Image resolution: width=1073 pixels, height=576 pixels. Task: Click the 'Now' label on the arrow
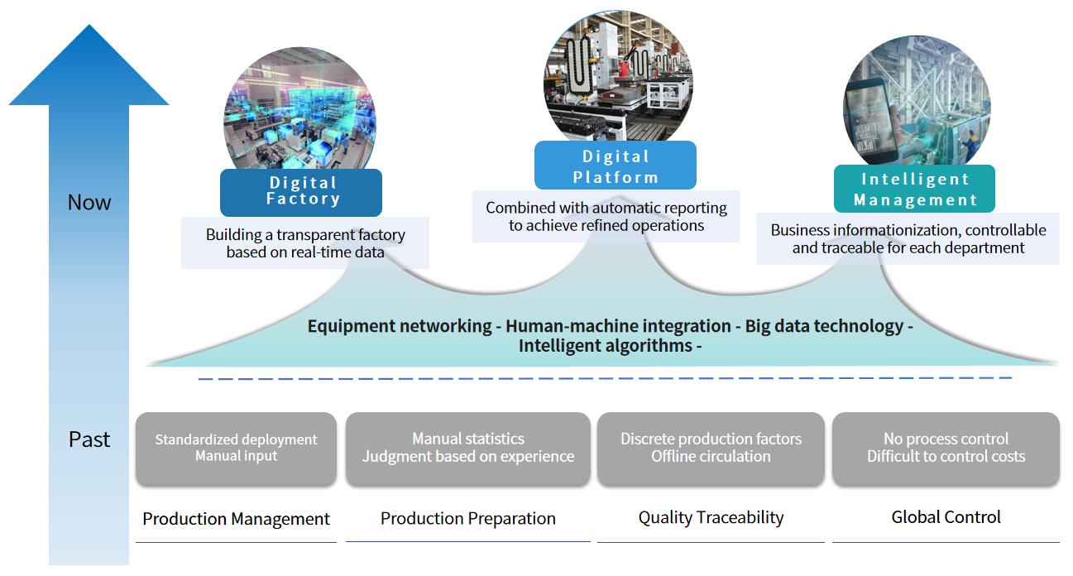tap(89, 202)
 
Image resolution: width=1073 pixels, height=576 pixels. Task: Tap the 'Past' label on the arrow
tap(89, 439)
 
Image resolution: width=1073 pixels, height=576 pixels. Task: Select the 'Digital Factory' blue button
tap(301, 192)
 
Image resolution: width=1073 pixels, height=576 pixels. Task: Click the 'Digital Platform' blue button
tap(616, 165)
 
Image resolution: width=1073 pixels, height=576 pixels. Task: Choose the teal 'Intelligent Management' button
tap(914, 189)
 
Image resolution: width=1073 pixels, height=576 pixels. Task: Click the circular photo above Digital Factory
tap(299, 108)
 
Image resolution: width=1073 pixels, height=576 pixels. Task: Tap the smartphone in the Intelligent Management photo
tap(871, 121)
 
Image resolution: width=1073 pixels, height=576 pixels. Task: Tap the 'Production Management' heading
tap(236, 519)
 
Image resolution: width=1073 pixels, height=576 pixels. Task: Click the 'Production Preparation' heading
tap(468, 518)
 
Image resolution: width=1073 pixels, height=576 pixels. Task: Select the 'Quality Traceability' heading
tap(711, 517)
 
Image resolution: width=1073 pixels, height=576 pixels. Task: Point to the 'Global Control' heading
tap(946, 517)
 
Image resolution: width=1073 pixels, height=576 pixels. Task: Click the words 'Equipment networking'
tap(400, 326)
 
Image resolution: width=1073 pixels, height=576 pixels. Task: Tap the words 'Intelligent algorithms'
tap(606, 345)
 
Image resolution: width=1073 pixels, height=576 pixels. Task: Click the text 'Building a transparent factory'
tap(305, 235)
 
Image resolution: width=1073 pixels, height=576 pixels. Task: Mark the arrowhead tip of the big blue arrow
tap(89, 25)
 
